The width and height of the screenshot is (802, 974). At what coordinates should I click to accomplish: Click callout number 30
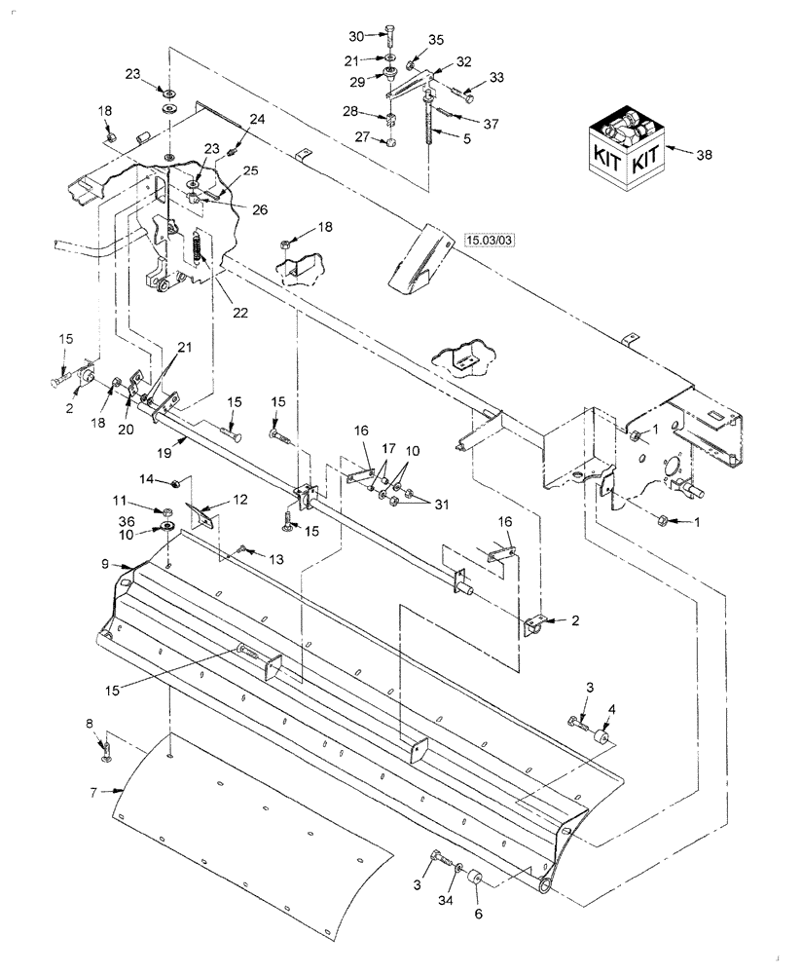pos(356,36)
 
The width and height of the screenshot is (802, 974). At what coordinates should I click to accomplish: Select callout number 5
pos(467,138)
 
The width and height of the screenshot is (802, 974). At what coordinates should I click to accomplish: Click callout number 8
pos(91,724)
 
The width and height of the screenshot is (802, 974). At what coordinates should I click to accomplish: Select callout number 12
pos(240,499)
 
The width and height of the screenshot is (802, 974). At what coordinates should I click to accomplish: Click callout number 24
pos(257,119)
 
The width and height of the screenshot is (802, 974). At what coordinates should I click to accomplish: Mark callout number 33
pos(497,77)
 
